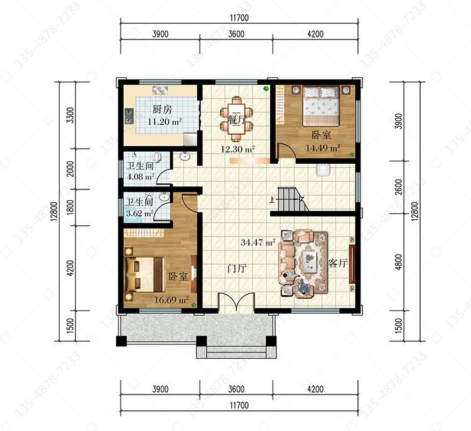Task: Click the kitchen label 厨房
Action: pyautogui.click(x=162, y=109)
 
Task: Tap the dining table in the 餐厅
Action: pyautogui.click(x=236, y=119)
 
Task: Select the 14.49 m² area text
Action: pyautogui.click(x=323, y=148)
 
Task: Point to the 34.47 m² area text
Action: pyautogui.click(x=258, y=242)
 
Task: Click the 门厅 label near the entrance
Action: pyautogui.click(x=237, y=268)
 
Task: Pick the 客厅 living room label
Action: pyautogui.click(x=338, y=263)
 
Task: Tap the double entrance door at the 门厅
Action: pyautogui.click(x=236, y=302)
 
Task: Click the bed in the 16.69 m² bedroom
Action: pyautogui.click(x=145, y=274)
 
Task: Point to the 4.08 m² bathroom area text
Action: pyautogui.click(x=141, y=176)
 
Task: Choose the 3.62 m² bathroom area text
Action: pyautogui.click(x=139, y=213)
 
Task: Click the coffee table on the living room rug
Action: pyautogui.click(x=310, y=262)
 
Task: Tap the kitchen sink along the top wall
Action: pyautogui.click(x=160, y=90)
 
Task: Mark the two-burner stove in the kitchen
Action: pyautogui.click(x=129, y=116)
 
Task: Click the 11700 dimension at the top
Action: pyautogui.click(x=239, y=18)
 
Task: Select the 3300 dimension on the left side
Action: pyautogui.click(x=70, y=115)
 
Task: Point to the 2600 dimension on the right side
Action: pyautogui.click(x=398, y=187)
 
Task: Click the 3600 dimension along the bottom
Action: pyautogui.click(x=236, y=389)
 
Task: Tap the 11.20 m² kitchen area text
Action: pyautogui.click(x=165, y=122)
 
